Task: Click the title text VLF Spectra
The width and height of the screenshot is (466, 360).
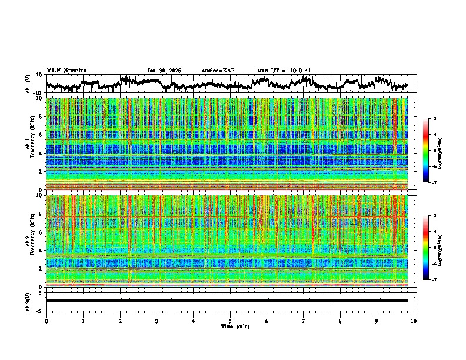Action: tap(66, 70)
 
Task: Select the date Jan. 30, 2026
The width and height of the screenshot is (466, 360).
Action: tap(164, 71)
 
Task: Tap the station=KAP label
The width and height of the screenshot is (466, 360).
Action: tap(218, 71)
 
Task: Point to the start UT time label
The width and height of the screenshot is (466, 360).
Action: tap(284, 71)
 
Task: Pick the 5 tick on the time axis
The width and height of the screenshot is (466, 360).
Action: tap(230, 321)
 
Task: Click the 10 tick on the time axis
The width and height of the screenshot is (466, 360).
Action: tap(414, 321)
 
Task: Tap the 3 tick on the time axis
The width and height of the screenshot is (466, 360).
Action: tap(157, 321)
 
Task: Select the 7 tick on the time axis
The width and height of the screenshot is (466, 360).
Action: tap(304, 321)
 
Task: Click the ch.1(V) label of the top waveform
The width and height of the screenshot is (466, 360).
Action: tap(28, 84)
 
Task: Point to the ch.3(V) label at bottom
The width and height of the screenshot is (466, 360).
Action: tap(28, 301)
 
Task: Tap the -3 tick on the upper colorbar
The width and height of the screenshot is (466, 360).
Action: tap(434, 119)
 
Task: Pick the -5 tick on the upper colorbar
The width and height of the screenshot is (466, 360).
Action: tap(434, 151)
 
